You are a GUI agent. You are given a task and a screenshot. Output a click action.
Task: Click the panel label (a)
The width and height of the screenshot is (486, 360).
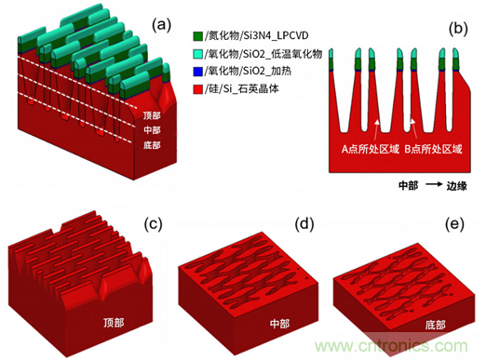tap(161, 25)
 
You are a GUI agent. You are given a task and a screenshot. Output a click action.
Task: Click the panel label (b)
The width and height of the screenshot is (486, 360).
tap(458, 29)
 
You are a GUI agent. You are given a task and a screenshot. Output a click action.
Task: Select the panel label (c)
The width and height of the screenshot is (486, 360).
tap(154, 224)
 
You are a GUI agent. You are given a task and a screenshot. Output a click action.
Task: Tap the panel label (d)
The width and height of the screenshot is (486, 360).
tap(304, 224)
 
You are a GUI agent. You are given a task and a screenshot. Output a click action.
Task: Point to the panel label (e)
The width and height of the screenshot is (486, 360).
tap(454, 224)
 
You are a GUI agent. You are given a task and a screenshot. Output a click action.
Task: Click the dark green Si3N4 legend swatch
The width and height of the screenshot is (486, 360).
tap(198, 36)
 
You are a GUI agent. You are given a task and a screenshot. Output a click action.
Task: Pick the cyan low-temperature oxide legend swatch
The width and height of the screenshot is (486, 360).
tap(198, 54)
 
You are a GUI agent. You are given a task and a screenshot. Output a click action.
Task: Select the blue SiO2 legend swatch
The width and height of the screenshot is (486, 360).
tap(198, 72)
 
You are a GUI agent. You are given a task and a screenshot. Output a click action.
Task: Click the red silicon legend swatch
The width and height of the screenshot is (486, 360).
tap(198, 89)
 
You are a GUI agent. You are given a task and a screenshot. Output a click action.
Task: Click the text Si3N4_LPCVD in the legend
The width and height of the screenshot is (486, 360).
tap(276, 36)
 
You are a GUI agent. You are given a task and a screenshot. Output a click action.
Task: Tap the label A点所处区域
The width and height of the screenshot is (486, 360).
tap(370, 149)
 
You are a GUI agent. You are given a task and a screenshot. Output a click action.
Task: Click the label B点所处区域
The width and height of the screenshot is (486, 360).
tap(433, 149)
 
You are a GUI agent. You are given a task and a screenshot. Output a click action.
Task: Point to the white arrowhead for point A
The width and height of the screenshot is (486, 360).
tap(377, 122)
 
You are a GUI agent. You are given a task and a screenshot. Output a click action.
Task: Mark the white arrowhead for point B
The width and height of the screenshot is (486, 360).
tap(412, 121)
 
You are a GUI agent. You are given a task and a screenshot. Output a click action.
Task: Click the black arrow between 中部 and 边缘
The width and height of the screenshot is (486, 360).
tap(434, 184)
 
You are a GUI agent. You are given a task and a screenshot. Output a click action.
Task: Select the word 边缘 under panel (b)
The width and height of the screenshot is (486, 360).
tap(456, 185)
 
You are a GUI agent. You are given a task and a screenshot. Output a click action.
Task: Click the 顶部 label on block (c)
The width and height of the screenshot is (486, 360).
tap(114, 323)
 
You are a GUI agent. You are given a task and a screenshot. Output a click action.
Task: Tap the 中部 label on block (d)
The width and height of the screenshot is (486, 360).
tap(279, 324)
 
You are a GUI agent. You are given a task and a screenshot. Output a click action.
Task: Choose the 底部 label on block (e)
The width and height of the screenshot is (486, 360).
tap(435, 325)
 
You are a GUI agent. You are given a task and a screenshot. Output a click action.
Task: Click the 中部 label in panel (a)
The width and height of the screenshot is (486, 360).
tap(152, 130)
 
